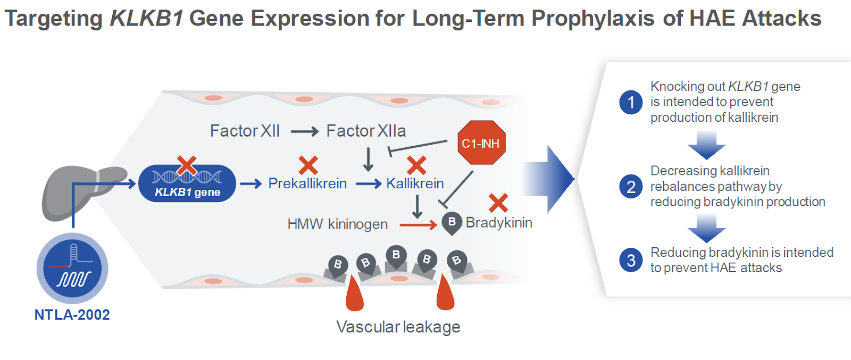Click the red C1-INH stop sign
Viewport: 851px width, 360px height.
click(481, 143)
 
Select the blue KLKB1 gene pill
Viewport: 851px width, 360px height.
click(187, 183)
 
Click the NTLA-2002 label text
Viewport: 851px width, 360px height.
click(72, 315)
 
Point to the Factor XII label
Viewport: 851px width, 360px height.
click(245, 131)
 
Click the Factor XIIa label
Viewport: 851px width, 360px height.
click(366, 131)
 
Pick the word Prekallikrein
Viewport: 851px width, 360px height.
click(307, 183)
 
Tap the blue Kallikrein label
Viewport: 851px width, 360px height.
click(415, 183)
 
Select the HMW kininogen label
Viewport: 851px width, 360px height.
click(337, 224)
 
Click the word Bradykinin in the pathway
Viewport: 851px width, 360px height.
click(499, 222)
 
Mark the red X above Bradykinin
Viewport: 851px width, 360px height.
click(498, 203)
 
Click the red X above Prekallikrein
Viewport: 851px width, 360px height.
click(308, 165)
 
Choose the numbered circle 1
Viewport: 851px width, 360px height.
click(631, 102)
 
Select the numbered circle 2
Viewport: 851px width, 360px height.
click(631, 187)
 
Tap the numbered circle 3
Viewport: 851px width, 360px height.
click(631, 260)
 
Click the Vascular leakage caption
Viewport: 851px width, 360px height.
click(398, 326)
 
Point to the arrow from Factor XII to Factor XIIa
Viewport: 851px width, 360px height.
click(304, 131)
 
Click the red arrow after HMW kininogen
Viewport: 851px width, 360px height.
click(418, 225)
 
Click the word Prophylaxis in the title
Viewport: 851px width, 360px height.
click(593, 19)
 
